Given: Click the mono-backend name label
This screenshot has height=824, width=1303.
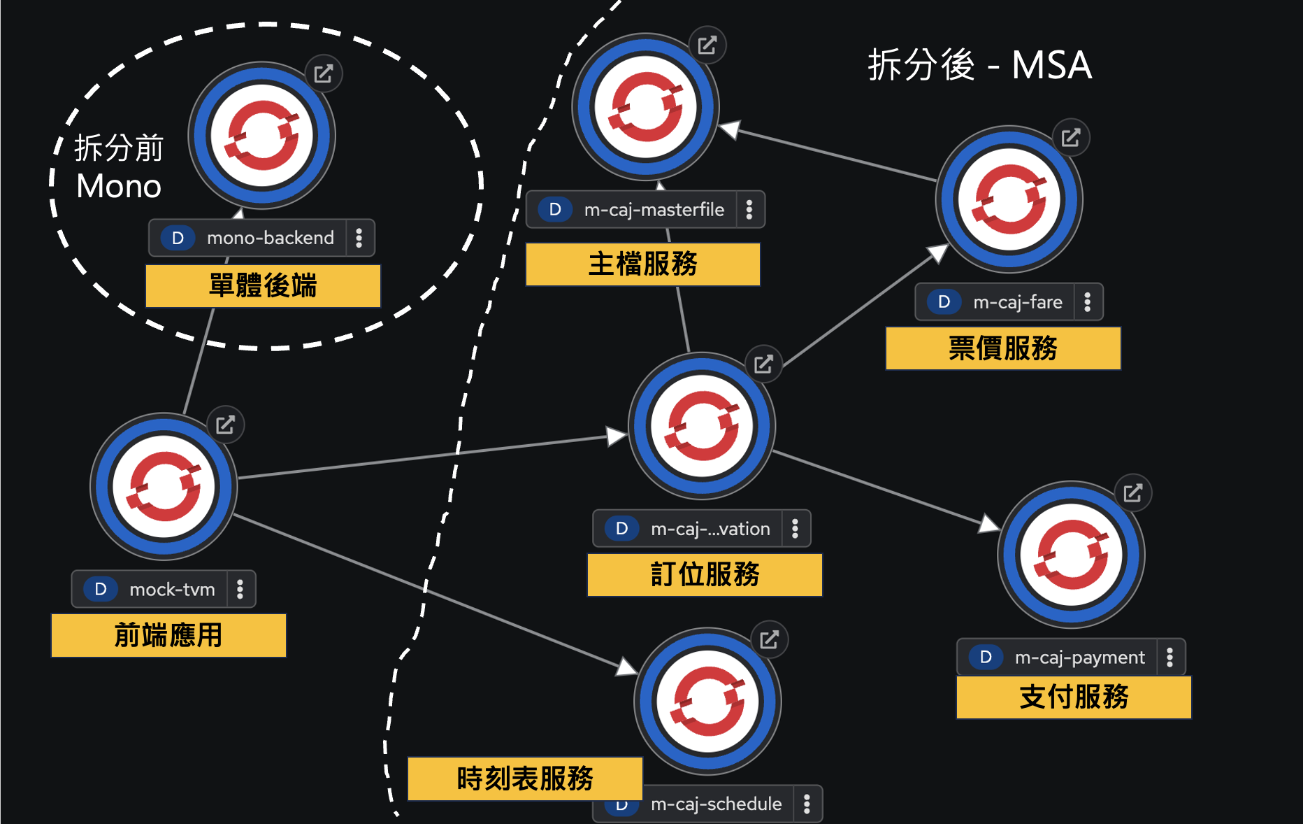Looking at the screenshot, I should [x=270, y=238].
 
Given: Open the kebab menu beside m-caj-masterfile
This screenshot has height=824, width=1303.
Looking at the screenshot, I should [x=749, y=210].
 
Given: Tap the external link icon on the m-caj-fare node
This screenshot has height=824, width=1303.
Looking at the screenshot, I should [x=1071, y=138].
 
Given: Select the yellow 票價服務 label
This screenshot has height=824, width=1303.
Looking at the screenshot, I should [x=1002, y=348].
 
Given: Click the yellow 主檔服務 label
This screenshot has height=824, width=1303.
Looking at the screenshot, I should [x=642, y=264].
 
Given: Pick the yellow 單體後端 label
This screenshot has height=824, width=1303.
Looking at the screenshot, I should [x=263, y=286].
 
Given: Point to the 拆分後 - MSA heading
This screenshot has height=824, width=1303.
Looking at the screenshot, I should [x=979, y=66].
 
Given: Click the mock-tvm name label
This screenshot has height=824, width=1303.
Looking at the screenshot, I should [x=172, y=590].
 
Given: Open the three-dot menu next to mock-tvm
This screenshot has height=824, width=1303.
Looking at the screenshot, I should [x=240, y=590].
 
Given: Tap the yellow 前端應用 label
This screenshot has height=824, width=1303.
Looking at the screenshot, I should [x=168, y=636].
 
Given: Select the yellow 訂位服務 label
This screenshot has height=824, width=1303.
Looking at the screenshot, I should [x=705, y=575].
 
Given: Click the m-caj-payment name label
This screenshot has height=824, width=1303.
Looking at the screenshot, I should [x=1079, y=658].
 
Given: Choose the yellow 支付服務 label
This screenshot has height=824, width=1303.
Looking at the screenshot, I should [x=1074, y=697].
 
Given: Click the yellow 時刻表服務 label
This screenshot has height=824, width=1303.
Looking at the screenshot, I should [x=525, y=779].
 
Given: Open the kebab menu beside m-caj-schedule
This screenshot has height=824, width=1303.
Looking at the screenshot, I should [x=807, y=804].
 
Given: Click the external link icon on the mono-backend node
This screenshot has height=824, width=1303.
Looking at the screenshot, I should [x=324, y=73].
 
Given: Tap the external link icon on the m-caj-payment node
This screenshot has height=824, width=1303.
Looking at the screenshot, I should [x=1133, y=493].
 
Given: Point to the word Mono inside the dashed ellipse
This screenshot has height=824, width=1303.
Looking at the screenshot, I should [x=119, y=187].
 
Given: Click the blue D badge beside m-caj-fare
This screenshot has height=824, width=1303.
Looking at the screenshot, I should [x=944, y=302].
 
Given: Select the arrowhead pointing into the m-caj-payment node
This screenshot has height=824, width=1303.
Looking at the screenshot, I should [x=989, y=523].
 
